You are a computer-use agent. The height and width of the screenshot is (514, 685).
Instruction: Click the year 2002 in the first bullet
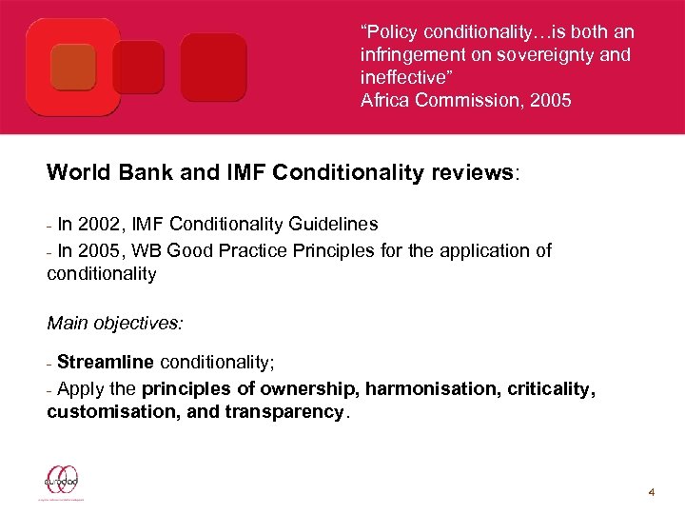click(x=99, y=225)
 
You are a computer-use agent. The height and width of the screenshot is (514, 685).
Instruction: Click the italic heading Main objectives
click(x=115, y=323)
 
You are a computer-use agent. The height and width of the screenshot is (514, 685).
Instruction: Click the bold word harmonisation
click(x=419, y=388)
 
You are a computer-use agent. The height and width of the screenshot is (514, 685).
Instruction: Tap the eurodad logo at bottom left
click(x=62, y=482)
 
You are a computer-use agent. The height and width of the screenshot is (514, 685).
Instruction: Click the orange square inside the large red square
click(x=75, y=66)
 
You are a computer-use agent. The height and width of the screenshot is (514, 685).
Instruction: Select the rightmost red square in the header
click(x=213, y=67)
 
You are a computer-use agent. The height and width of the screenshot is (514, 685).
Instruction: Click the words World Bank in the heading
click(x=101, y=174)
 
